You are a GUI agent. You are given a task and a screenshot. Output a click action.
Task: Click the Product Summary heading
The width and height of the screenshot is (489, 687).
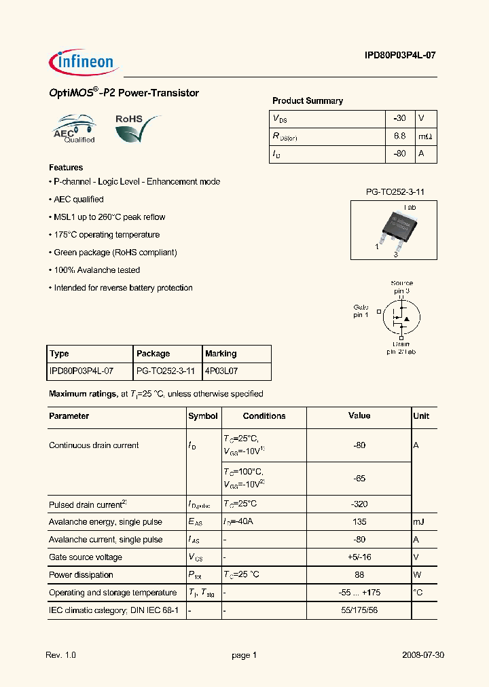coord(307,100)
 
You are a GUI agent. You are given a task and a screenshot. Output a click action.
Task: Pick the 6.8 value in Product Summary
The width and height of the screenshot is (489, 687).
coord(399,136)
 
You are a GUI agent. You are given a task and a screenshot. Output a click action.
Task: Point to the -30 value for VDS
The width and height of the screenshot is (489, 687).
coord(399,118)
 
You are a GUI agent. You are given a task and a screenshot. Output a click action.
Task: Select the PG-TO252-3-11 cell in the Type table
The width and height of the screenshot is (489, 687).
coord(166,371)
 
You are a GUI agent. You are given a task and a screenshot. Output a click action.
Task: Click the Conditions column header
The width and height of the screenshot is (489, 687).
coord(264,416)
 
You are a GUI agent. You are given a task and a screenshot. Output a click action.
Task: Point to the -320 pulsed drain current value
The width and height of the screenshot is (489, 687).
coord(359,504)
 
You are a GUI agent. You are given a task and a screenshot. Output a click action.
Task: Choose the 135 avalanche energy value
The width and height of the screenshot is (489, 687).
coord(359,522)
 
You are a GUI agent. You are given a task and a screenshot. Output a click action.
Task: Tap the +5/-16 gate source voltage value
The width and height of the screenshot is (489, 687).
coord(359,557)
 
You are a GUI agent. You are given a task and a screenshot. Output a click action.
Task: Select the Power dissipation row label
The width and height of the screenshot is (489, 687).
coord(81,575)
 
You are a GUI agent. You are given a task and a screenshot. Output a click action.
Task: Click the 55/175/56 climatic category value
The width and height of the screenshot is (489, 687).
coord(359,610)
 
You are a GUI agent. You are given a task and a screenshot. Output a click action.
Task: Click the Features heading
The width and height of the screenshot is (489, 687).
coord(66,167)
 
